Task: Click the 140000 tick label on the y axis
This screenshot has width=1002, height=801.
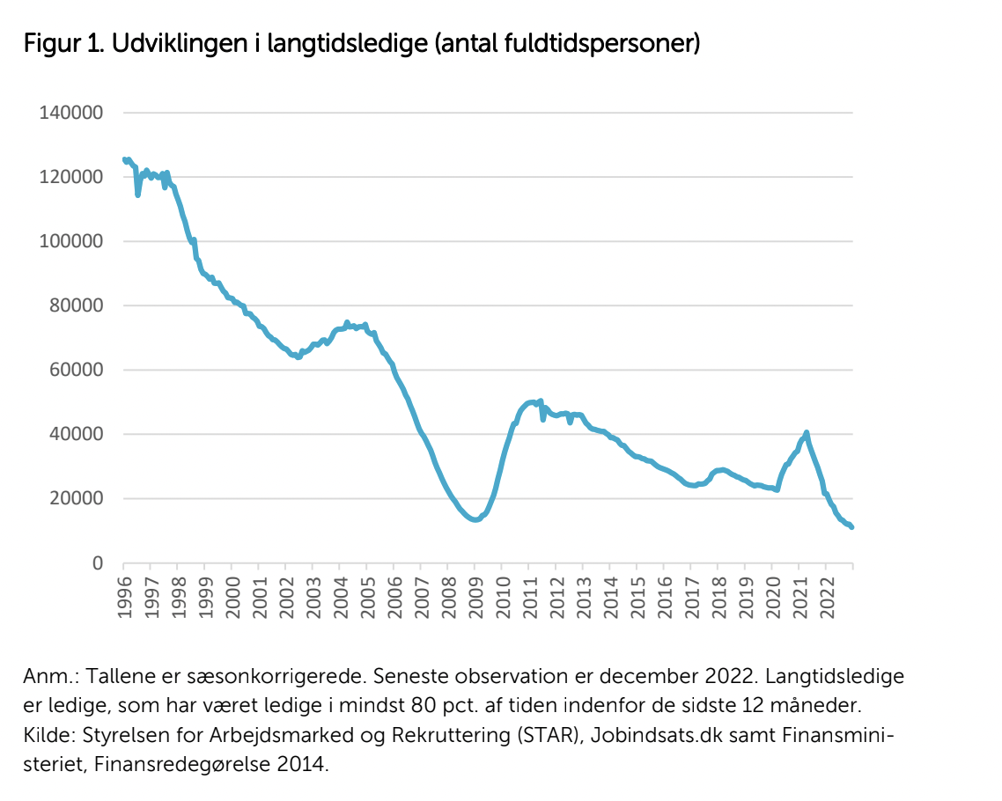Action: tap(71, 113)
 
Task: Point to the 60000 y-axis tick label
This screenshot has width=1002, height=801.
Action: tap(76, 370)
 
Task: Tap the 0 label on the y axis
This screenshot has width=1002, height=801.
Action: tap(97, 563)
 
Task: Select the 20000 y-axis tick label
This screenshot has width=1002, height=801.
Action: tap(76, 499)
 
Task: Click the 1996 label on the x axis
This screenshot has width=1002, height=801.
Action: tap(125, 598)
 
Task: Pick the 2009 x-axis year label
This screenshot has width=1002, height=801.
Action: tap(475, 598)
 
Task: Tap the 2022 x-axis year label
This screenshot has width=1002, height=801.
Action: tap(827, 598)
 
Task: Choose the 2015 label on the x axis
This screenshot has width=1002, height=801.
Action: tap(637, 598)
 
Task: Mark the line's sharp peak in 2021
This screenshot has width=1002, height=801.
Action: tap(807, 433)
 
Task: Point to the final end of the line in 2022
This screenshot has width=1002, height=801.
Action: tap(851, 527)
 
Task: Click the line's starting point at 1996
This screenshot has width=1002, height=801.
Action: tap(124, 159)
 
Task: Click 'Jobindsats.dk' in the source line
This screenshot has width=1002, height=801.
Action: tap(656, 735)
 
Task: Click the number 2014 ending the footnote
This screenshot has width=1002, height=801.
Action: tap(302, 764)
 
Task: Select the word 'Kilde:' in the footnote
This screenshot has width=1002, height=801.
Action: tap(50, 735)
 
